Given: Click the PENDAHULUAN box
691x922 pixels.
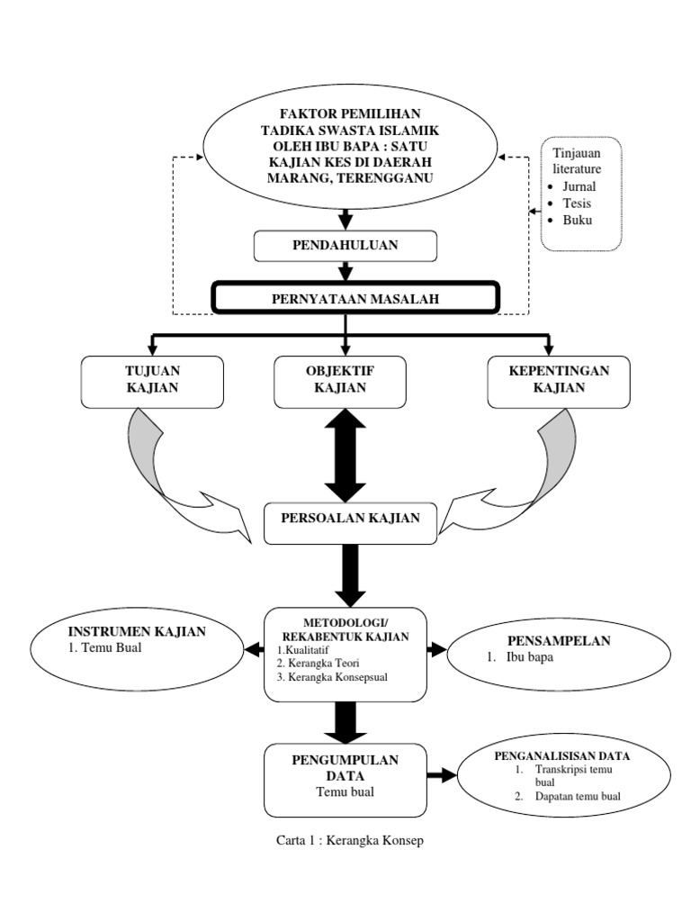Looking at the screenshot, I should coord(345,245).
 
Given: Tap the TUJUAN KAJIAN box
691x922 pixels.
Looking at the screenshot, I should coord(152,380).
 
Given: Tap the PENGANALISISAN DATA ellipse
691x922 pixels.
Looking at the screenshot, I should coord(564,775).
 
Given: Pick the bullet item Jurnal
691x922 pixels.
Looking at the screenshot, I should coord(578,186).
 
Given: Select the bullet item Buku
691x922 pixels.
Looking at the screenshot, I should coord(576,221).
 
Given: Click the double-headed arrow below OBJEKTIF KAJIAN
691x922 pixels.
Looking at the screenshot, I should coord(345,455).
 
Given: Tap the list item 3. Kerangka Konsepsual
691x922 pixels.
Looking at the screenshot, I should coord(332,677).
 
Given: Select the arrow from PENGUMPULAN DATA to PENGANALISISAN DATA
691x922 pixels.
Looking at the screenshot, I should coord(442,775).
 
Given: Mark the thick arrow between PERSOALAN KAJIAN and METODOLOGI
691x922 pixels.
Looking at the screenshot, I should coord(348,574).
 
